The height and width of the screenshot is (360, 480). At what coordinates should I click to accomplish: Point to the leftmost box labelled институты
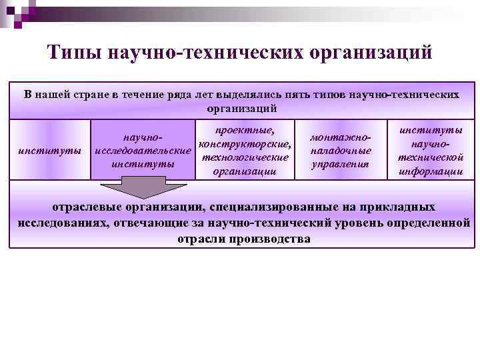tap(50, 151)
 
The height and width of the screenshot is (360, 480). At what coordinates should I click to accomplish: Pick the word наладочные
tap(341, 151)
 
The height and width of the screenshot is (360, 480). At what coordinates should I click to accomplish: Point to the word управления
tap(341, 164)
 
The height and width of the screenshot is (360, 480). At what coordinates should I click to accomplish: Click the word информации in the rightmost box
tap(430, 171)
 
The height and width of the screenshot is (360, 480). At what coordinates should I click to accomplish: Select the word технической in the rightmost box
tap(430, 157)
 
